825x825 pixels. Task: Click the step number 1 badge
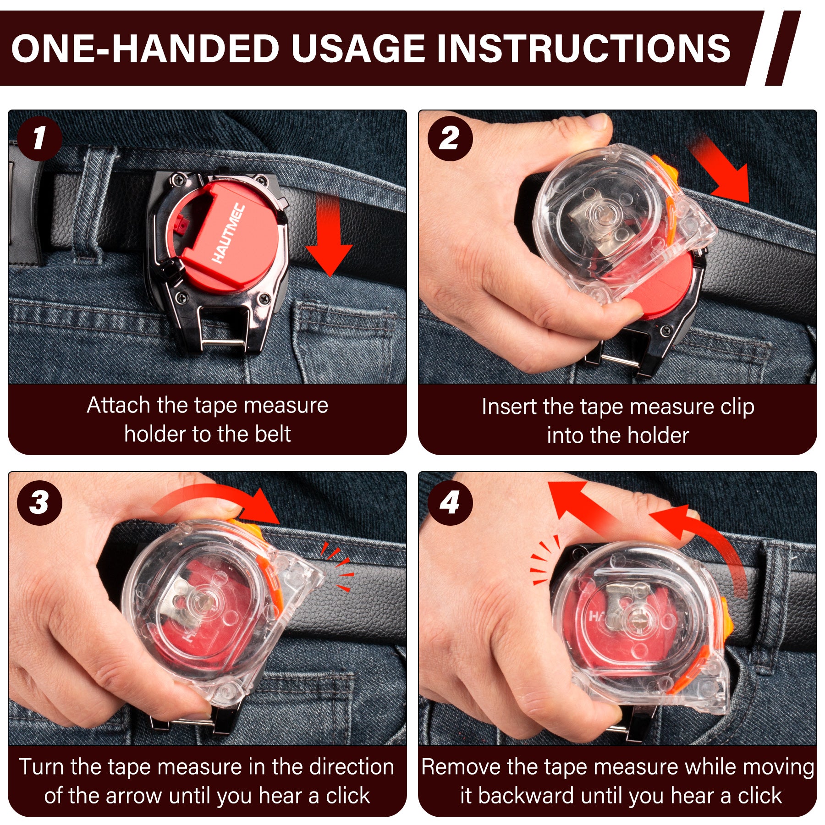[x=39, y=138]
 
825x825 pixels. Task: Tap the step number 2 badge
[x=450, y=138]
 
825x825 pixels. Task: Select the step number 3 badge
[x=39, y=503]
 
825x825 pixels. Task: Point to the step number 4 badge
[x=450, y=503]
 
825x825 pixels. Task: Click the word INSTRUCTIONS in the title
[x=583, y=48]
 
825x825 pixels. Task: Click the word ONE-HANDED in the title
[x=145, y=48]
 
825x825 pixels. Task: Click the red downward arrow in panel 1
[x=329, y=236]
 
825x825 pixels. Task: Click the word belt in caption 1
[x=272, y=434]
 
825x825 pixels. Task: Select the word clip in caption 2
[x=737, y=407]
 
